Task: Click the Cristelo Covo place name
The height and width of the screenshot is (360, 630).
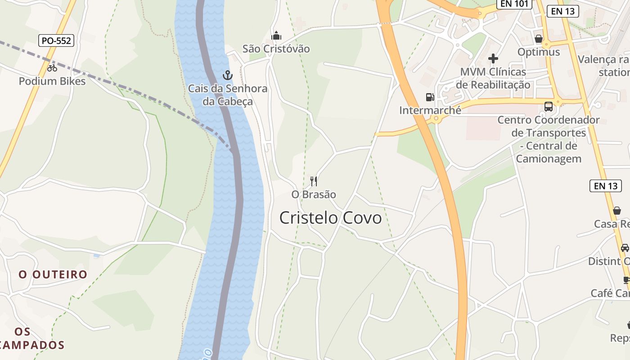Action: pyautogui.click(x=330, y=218)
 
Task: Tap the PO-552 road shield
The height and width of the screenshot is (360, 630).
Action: pyautogui.click(x=56, y=40)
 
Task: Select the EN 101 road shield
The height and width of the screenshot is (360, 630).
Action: pyautogui.click(x=514, y=4)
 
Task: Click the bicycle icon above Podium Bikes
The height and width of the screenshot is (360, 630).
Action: pyautogui.click(x=52, y=68)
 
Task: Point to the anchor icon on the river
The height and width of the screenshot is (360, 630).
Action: pyautogui.click(x=228, y=75)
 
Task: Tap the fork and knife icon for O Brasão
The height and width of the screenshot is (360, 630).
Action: pyautogui.click(x=314, y=181)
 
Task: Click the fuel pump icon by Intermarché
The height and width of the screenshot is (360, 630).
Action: pyautogui.click(x=430, y=97)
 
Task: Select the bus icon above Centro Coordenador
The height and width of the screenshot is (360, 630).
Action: pyautogui.click(x=548, y=107)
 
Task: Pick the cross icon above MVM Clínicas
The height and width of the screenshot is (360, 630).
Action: pyautogui.click(x=493, y=58)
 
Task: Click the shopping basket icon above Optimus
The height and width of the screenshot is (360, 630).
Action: pyautogui.click(x=539, y=39)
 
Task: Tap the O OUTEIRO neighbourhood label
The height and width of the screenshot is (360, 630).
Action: pyautogui.click(x=53, y=274)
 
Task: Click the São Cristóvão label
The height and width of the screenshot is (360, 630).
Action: pyautogui.click(x=276, y=49)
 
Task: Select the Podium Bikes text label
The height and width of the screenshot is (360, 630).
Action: pyautogui.click(x=52, y=81)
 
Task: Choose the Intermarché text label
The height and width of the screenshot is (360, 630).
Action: pyautogui.click(x=430, y=110)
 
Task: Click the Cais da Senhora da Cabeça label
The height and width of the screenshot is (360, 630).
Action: pyautogui.click(x=228, y=95)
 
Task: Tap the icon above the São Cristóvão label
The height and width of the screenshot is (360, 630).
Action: pyautogui.click(x=276, y=36)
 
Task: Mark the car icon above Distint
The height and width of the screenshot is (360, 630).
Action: pyautogui.click(x=625, y=247)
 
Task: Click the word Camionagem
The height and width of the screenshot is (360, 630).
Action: pyautogui.click(x=549, y=159)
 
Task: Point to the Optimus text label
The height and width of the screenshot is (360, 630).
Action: pyautogui.click(x=539, y=52)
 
